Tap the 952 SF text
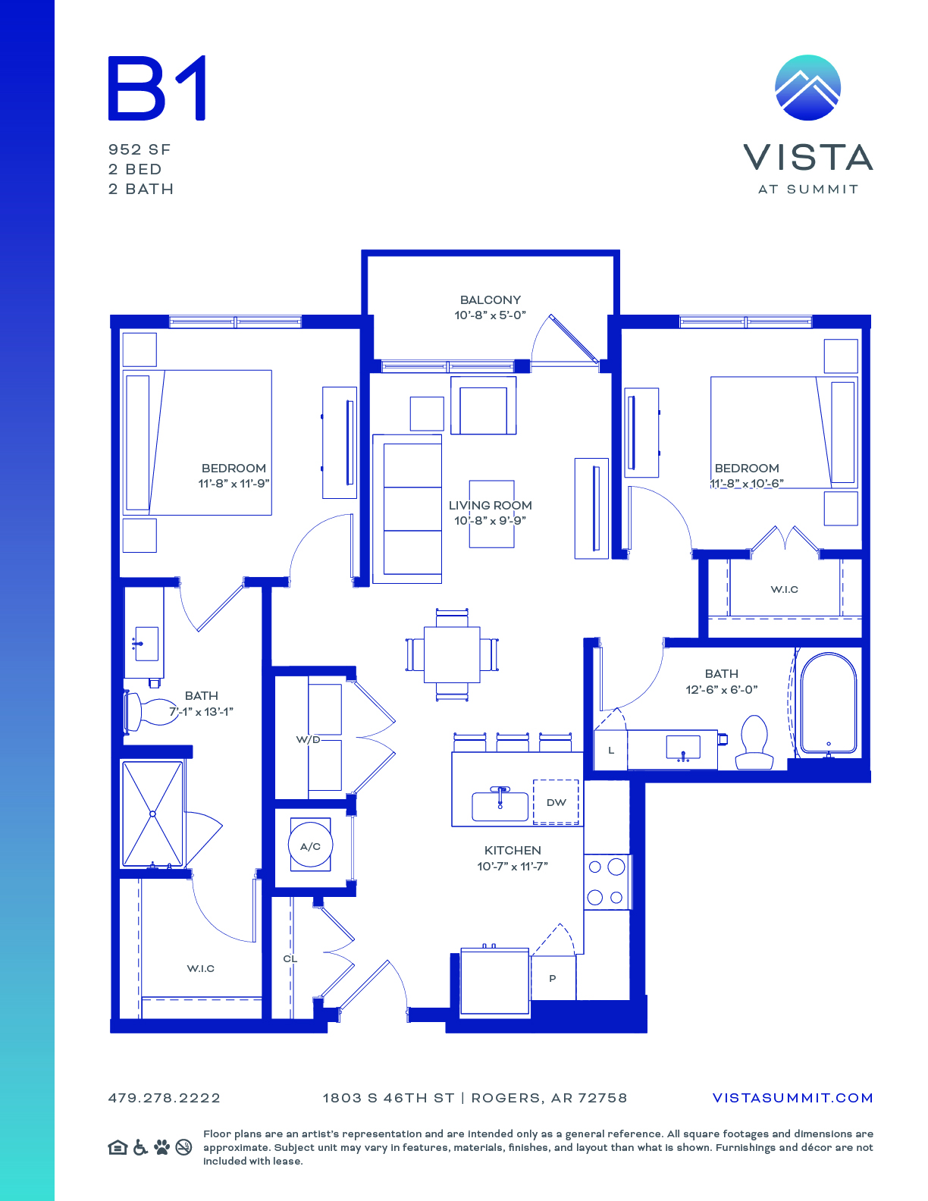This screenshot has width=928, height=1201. (140, 150)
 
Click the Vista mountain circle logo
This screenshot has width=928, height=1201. (807, 87)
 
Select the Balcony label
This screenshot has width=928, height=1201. (491, 299)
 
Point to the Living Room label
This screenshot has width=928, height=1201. (491, 505)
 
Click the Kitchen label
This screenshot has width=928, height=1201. (513, 850)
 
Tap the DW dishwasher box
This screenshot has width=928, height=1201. (556, 802)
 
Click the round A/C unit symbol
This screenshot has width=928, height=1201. (310, 846)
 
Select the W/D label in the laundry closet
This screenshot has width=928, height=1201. (308, 739)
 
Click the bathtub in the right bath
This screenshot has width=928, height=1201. (828, 703)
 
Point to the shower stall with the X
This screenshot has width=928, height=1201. (152, 814)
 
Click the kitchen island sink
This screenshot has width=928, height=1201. (500, 805)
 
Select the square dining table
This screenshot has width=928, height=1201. (452, 654)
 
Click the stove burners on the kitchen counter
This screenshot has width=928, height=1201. (607, 882)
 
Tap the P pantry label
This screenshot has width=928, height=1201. (552, 978)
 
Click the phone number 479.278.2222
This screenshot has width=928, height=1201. (165, 1098)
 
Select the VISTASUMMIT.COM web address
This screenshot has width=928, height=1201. (792, 1098)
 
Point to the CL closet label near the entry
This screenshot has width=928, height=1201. (290, 958)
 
